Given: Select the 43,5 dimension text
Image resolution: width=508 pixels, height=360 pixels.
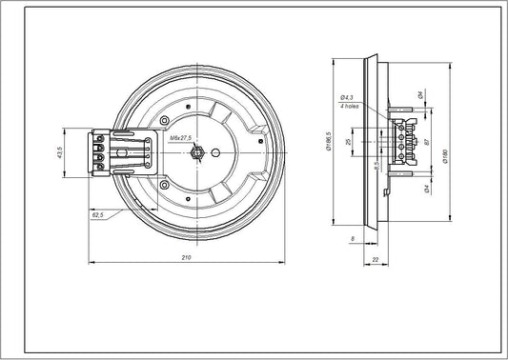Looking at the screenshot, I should coord(59,152).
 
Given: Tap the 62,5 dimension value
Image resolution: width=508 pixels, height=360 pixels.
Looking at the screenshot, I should coord(98,216).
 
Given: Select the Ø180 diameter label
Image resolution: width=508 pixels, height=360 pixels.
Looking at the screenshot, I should coord(447,160).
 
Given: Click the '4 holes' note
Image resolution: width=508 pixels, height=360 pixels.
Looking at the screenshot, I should coord(348,106).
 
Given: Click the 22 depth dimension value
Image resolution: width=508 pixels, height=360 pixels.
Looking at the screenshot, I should coord(376,258).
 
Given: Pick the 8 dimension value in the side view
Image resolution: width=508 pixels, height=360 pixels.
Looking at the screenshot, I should coord(353,237).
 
